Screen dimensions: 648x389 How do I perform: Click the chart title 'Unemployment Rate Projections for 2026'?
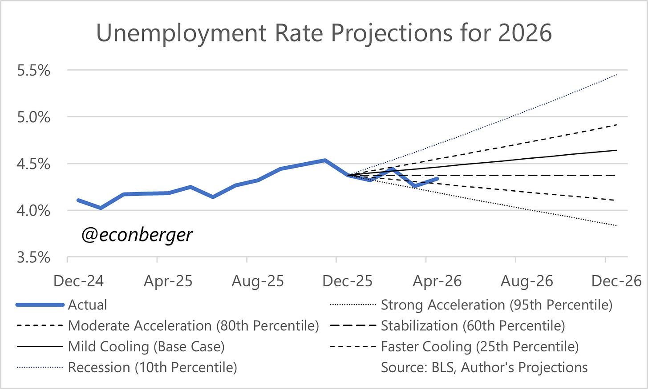tap(324, 33)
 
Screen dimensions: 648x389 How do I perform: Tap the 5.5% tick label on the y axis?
tap(33, 70)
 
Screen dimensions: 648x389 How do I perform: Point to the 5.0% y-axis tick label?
tap(33, 117)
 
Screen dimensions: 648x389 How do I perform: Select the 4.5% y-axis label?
tap(33, 164)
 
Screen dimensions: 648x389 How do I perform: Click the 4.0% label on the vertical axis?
tap(33, 211)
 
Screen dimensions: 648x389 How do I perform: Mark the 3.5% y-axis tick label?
tap(33, 257)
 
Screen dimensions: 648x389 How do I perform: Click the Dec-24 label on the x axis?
tap(78, 281)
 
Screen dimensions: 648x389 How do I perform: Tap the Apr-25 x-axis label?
tap(168, 281)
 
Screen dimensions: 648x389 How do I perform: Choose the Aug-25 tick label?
tap(258, 281)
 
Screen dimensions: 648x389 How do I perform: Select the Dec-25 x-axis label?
tap(348, 281)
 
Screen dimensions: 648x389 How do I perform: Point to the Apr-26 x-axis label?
tap(437, 281)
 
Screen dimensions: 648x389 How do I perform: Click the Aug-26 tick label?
tap(527, 281)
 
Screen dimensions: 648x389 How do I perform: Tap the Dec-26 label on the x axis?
tap(616, 281)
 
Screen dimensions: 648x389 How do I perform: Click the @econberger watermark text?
tap(137, 235)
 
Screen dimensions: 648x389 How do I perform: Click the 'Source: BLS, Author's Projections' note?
tap(484, 367)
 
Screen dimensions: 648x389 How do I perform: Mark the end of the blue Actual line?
tap(437, 179)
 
